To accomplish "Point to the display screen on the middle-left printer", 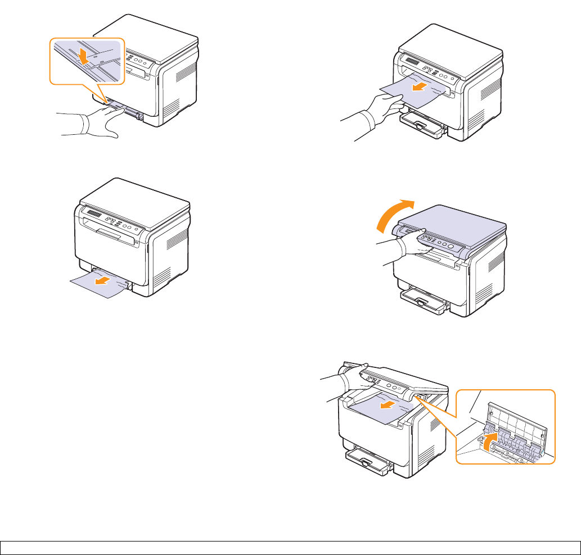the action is click(94, 214).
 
